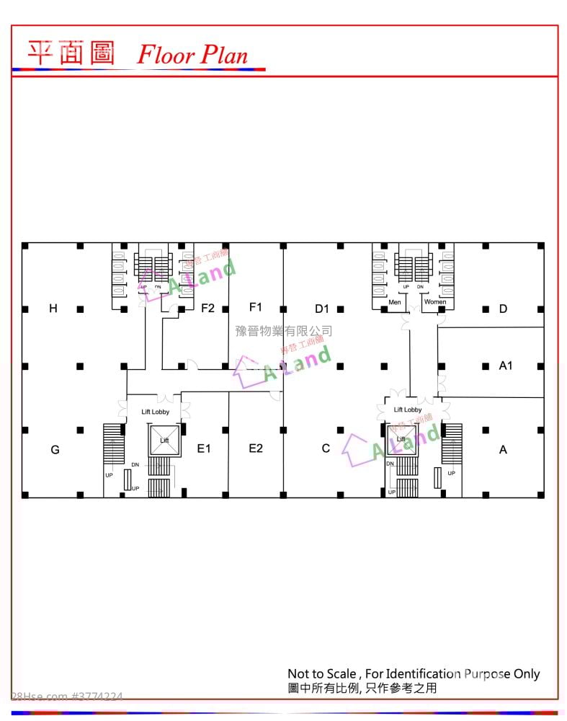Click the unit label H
pyautogui.click(x=53, y=309)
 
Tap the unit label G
pyautogui.click(x=55, y=450)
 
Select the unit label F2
pyautogui.click(x=207, y=308)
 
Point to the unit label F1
pyautogui.click(x=255, y=307)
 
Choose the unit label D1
pyautogui.click(x=321, y=309)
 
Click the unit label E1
pyautogui.click(x=204, y=448)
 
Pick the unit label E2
pyautogui.click(x=256, y=448)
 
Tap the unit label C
pyautogui.click(x=326, y=448)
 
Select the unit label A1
pyautogui.click(x=506, y=366)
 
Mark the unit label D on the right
pyautogui.click(x=503, y=309)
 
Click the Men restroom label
pyautogui.click(x=395, y=302)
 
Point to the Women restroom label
pyautogui.click(x=434, y=302)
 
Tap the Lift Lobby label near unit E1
pyautogui.click(x=155, y=412)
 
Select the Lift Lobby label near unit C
pyautogui.click(x=408, y=410)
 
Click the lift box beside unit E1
pyautogui.click(x=164, y=440)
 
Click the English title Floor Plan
pyautogui.click(x=192, y=55)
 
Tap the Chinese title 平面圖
pyautogui.click(x=71, y=53)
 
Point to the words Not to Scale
pyautogui.click(x=321, y=674)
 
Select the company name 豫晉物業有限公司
pyautogui.click(x=284, y=331)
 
